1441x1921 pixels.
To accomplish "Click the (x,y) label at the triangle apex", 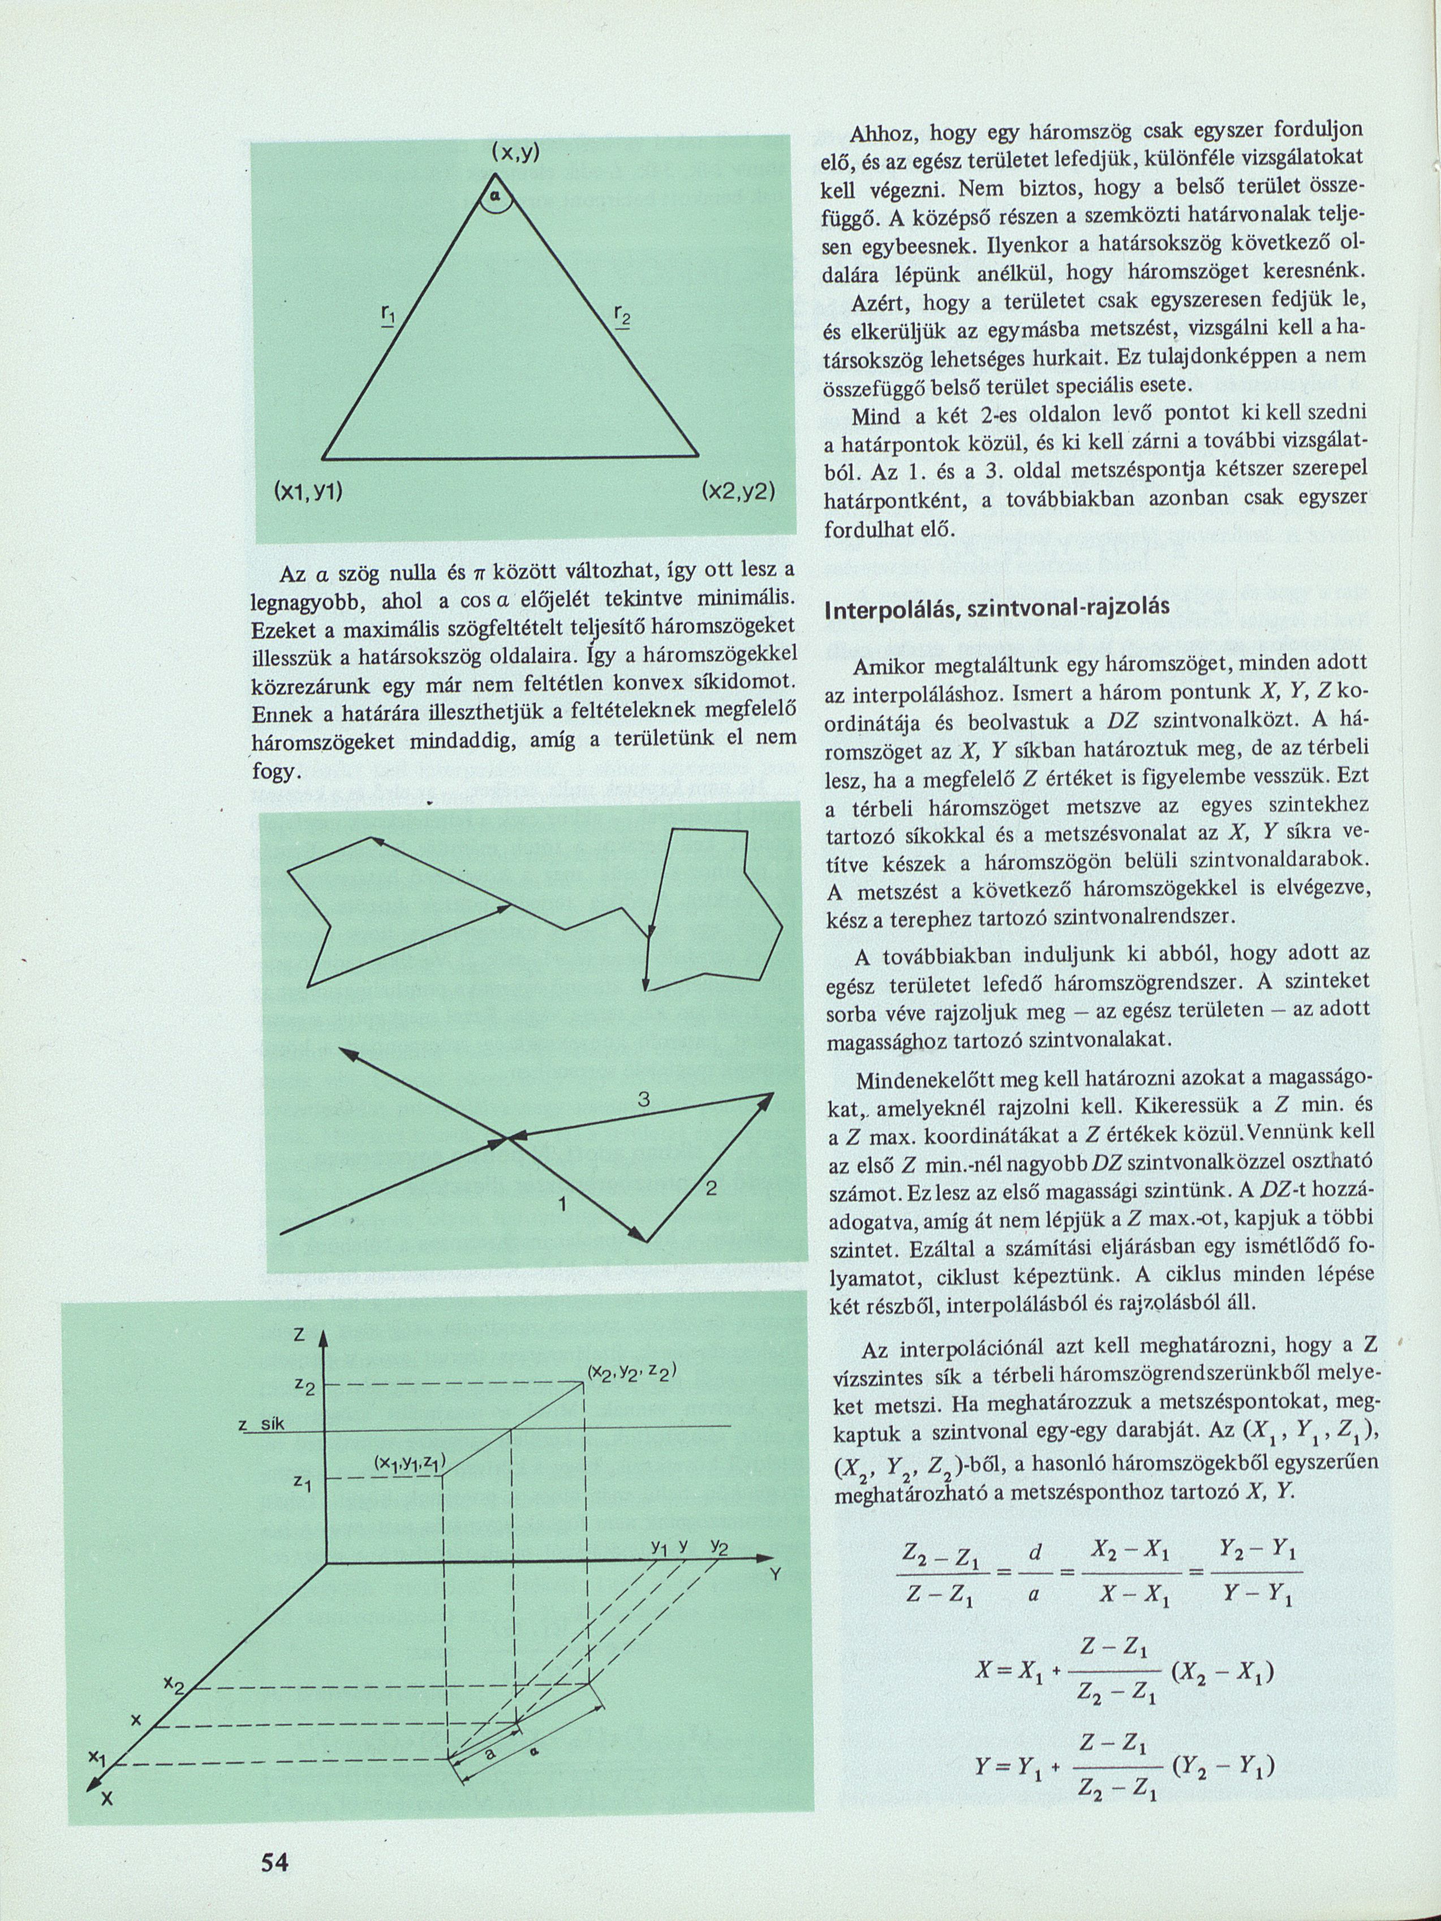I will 515,153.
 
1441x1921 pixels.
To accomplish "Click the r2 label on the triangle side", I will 622,316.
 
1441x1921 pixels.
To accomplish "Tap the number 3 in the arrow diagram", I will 644,1100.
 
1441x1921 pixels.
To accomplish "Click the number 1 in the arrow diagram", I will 562,1204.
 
